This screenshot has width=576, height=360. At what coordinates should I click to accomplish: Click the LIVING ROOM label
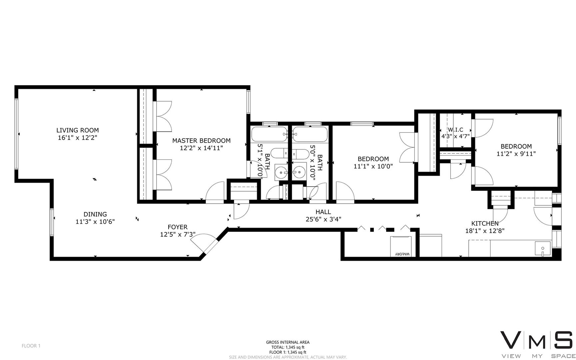point(78,130)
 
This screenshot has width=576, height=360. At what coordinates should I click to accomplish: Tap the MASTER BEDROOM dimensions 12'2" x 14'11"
point(201,148)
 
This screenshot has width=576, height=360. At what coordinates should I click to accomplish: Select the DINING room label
point(95,214)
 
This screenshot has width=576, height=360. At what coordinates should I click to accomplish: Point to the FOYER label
point(178,227)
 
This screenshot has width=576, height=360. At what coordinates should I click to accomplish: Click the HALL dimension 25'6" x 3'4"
point(323,219)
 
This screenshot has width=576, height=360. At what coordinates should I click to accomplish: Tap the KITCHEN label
point(485,223)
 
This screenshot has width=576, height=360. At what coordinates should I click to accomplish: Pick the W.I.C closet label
point(455,130)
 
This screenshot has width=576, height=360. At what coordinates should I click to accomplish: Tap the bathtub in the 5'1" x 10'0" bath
point(270,134)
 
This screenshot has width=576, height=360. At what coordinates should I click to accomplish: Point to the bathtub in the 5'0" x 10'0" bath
point(310,134)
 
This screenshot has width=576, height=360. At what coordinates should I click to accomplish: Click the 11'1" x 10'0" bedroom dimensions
point(373,166)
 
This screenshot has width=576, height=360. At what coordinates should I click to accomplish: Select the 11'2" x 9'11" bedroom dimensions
point(516,154)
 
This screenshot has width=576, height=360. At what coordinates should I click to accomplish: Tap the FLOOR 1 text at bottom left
point(31,346)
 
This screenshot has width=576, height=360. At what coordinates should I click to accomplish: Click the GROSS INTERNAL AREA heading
point(288,342)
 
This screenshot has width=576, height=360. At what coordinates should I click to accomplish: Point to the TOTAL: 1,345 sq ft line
point(288,347)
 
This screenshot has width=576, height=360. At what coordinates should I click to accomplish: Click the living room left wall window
point(16,133)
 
